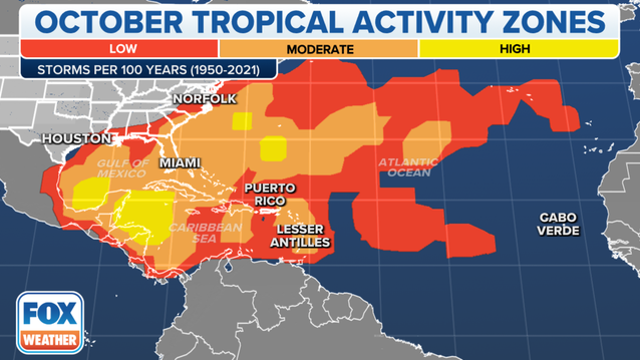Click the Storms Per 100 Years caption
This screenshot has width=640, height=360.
click(123, 70)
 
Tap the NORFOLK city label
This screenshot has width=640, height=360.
click(206, 99)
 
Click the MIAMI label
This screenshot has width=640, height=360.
click(181, 162)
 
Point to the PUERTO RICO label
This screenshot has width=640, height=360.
click(268, 195)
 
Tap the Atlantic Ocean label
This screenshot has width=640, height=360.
click(408, 167)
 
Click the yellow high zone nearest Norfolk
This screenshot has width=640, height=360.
click(241, 122)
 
